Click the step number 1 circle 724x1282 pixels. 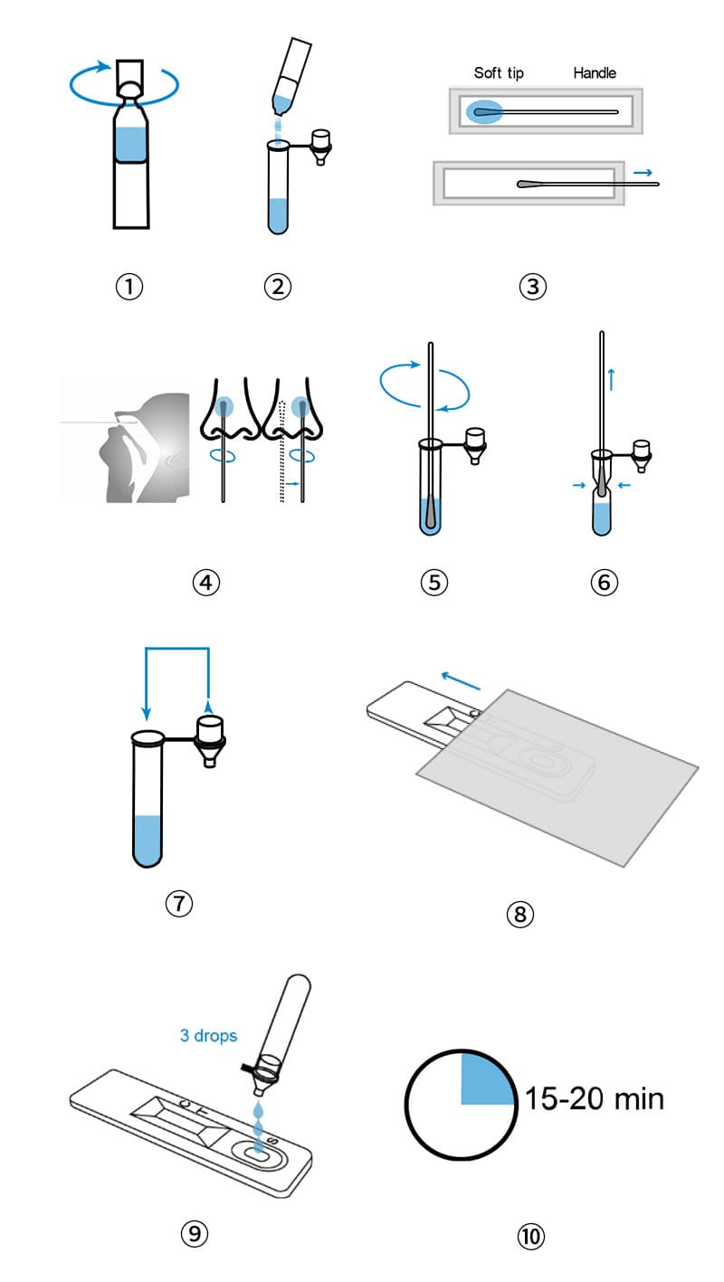(x=129, y=286)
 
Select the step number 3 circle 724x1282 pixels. (x=532, y=286)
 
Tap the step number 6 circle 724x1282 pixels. (x=604, y=582)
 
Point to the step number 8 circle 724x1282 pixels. (x=519, y=914)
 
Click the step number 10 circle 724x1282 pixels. (x=530, y=1236)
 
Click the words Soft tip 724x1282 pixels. (x=499, y=73)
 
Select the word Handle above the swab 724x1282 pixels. (x=595, y=72)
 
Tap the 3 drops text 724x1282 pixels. (x=208, y=1035)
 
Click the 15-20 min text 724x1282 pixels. (x=594, y=1098)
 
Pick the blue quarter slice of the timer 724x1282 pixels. (x=485, y=1078)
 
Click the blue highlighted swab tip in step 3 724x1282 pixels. (x=483, y=111)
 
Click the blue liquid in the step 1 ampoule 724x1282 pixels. (x=131, y=144)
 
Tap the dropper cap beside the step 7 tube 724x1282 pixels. (x=210, y=739)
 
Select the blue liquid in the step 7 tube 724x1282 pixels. (x=148, y=840)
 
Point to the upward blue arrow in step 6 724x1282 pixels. (x=611, y=379)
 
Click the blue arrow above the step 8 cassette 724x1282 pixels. (x=461, y=680)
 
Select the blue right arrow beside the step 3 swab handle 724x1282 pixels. (x=643, y=172)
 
